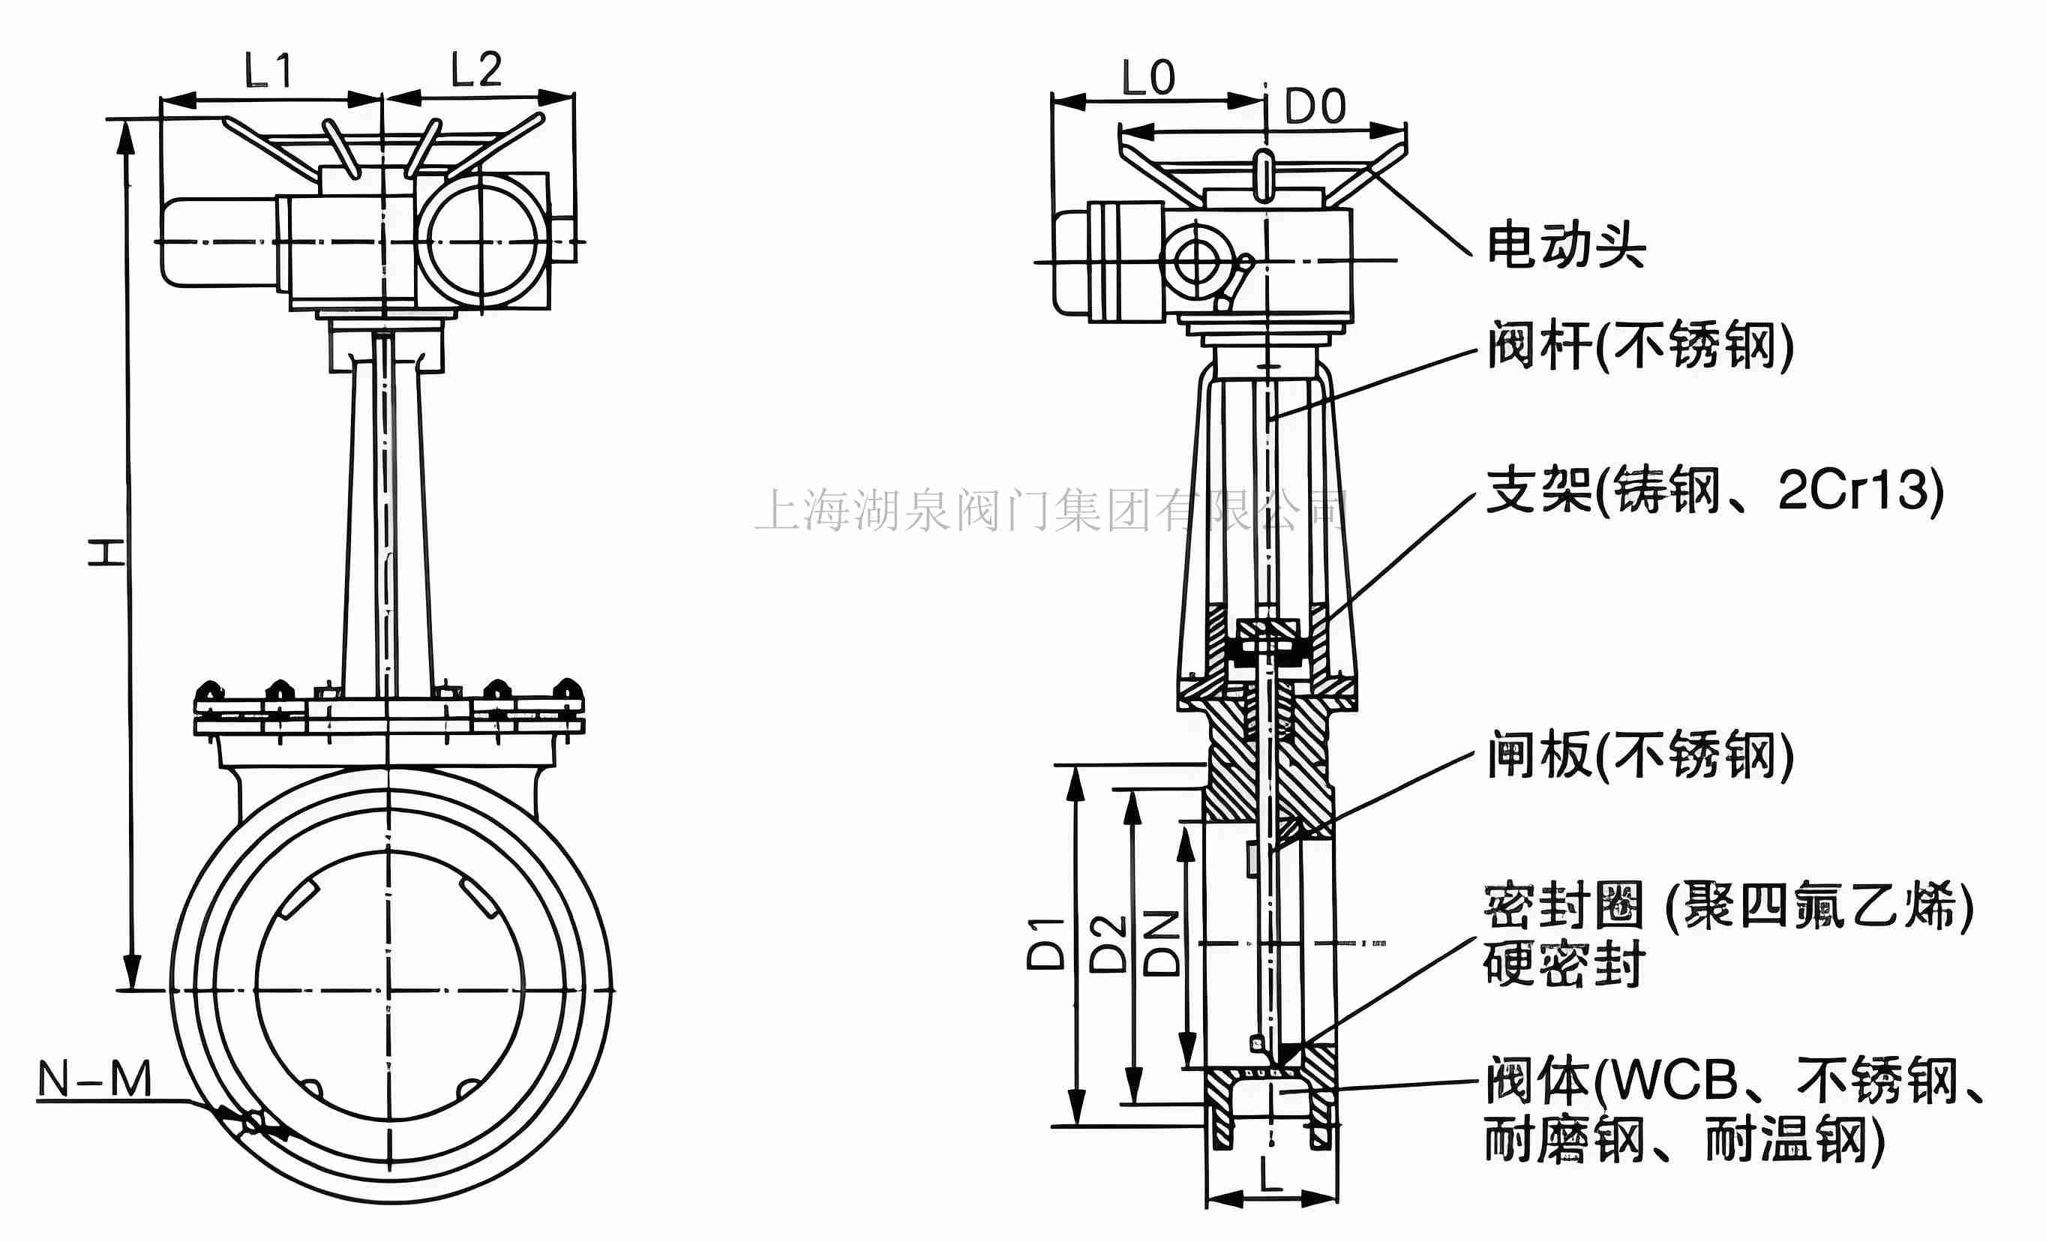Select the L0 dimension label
(1148, 78)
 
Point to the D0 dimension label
(1315, 107)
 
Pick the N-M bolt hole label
(95, 1079)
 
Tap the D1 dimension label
(1045, 944)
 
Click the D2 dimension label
(1108, 944)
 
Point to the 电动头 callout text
(1565, 246)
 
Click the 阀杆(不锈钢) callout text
(1640, 345)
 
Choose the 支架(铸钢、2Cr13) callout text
(1714, 490)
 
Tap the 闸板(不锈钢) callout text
(1640, 754)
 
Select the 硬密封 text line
(1565, 964)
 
